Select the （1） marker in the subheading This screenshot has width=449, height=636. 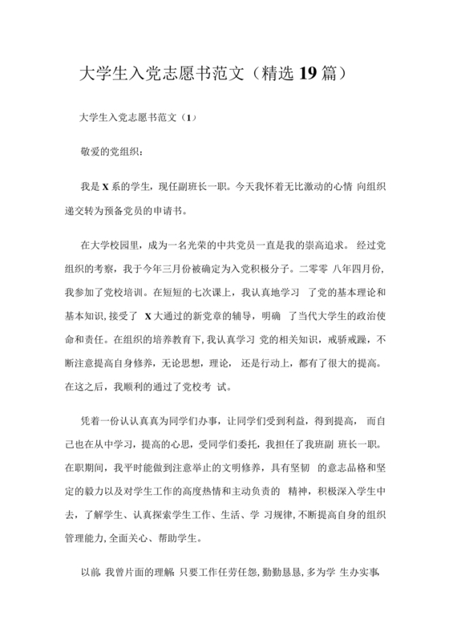coord(189,118)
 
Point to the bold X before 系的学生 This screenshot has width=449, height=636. coord(104,186)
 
